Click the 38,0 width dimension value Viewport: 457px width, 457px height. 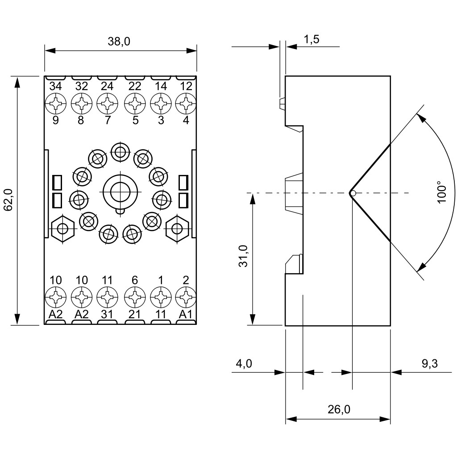click(x=119, y=42)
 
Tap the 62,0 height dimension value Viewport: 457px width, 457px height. click(x=8, y=199)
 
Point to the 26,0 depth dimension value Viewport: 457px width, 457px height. click(x=339, y=410)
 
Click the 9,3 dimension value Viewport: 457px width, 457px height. click(x=430, y=363)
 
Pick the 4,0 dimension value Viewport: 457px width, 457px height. click(x=244, y=363)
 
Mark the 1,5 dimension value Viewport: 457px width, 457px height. click(x=312, y=39)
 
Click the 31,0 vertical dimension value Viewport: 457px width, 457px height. click(x=243, y=256)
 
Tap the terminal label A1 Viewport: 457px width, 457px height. click(x=186, y=314)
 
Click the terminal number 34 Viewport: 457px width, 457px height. click(x=56, y=86)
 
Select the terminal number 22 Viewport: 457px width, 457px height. click(x=135, y=86)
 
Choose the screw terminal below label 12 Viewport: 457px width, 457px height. click(x=186, y=103)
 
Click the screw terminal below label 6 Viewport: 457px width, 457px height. click(x=135, y=297)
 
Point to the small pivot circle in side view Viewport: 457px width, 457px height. click(x=353, y=193)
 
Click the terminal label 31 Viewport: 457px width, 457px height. click(x=107, y=314)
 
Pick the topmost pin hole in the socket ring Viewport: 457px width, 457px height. click(x=120, y=152)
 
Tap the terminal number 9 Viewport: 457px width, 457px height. click(x=56, y=120)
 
